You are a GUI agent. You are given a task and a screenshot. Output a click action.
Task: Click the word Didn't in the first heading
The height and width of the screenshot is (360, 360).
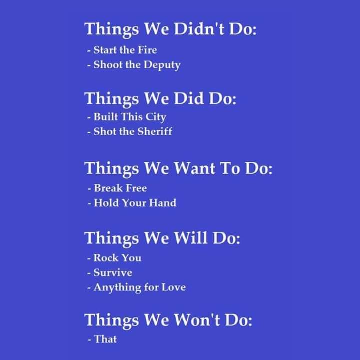coord(199,29)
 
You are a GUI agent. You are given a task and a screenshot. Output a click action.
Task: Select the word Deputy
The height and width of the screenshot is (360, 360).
coord(162,65)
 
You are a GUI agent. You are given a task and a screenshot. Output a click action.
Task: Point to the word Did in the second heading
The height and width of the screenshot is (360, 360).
coord(188,98)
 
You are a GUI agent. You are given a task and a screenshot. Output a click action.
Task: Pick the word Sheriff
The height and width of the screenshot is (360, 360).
coord(155,132)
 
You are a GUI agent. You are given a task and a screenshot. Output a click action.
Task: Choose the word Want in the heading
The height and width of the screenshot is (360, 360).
coord(194,168)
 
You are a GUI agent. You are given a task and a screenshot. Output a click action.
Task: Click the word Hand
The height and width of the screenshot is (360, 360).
coord(163,203)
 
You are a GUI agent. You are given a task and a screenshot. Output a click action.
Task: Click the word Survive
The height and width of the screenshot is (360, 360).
coord(113,273)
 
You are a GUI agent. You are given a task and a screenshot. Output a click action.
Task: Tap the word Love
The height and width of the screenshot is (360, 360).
coord(174,287)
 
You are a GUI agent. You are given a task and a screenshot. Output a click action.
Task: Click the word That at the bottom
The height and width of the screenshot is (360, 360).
coord(105,339)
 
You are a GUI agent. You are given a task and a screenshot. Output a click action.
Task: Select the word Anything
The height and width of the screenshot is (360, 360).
coord(117,288)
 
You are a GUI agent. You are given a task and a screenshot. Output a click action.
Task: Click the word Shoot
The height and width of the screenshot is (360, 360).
coord(108,65)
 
